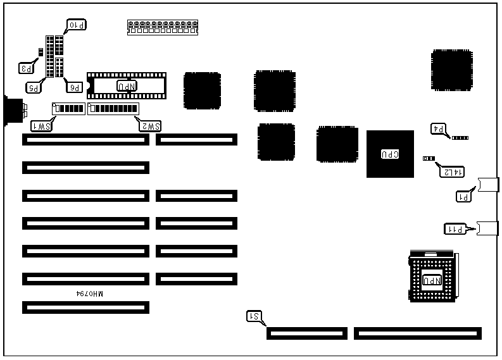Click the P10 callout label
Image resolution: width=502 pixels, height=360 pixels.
[x=77, y=25]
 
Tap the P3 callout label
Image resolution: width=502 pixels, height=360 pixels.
[x=27, y=66]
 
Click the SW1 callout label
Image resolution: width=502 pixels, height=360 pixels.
[x=41, y=126]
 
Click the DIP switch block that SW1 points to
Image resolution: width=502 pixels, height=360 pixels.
[x=68, y=108]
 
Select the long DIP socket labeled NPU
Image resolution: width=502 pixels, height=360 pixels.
[x=126, y=85]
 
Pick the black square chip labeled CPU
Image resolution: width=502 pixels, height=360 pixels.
[x=390, y=154]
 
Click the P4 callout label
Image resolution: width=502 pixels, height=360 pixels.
[x=439, y=129]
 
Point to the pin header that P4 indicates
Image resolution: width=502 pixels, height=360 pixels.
[x=460, y=137]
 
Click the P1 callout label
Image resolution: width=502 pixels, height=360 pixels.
[x=464, y=196]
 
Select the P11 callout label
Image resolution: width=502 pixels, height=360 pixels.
[x=454, y=229]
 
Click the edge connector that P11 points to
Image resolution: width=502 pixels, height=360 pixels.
[x=487, y=228]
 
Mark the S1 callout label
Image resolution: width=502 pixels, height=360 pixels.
[x=254, y=316]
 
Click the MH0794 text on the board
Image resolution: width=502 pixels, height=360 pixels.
[x=89, y=294]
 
